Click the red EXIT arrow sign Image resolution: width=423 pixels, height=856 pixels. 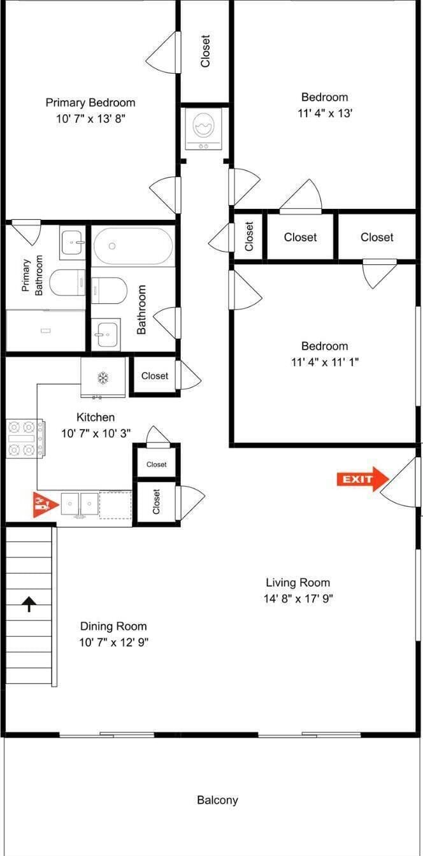click(x=362, y=479)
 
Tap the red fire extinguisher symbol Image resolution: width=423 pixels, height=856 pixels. click(x=45, y=505)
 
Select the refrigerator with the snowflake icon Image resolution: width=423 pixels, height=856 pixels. click(x=103, y=378)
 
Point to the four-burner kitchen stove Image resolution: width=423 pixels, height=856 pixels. click(x=25, y=439)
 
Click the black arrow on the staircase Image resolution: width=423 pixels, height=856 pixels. click(x=29, y=604)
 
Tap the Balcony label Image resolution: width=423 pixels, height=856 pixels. click(x=217, y=800)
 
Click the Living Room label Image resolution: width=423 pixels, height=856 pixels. click(x=298, y=582)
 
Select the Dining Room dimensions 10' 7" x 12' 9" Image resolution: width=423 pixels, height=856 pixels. click(x=114, y=642)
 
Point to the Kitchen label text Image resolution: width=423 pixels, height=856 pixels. click(x=96, y=417)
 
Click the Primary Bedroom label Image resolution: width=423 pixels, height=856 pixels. click(x=90, y=103)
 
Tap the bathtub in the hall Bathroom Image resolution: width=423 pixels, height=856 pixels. click(x=133, y=246)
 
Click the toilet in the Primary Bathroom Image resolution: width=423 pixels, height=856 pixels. click(x=68, y=282)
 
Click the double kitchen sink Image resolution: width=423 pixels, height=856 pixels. click(x=80, y=505)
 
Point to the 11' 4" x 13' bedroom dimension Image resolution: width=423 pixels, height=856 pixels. click(x=325, y=113)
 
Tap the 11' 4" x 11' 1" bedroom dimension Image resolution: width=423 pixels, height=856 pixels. click(x=325, y=362)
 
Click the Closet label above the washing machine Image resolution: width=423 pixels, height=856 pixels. click(x=205, y=51)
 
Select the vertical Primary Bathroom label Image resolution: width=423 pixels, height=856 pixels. click(x=32, y=275)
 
